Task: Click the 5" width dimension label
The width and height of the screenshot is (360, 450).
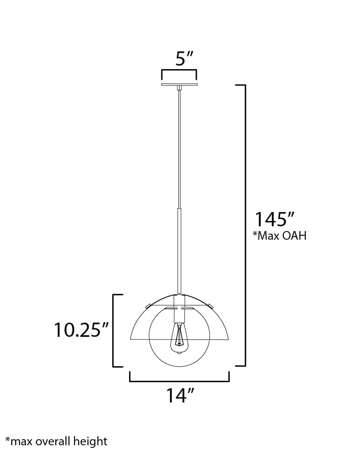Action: click(x=183, y=58)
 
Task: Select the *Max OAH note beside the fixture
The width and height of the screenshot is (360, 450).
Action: click(x=279, y=236)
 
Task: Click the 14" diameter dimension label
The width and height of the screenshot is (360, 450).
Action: click(x=180, y=395)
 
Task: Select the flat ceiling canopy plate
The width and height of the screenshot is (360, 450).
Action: click(x=179, y=84)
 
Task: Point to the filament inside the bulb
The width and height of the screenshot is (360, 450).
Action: click(x=179, y=339)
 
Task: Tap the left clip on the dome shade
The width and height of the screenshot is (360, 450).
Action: click(x=148, y=306)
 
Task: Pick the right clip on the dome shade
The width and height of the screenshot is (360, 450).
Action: click(x=211, y=306)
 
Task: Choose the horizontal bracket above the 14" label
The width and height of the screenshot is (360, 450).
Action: click(x=179, y=381)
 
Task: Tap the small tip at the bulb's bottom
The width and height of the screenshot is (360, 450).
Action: click(x=179, y=354)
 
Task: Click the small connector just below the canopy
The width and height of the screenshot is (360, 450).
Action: click(x=179, y=88)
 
